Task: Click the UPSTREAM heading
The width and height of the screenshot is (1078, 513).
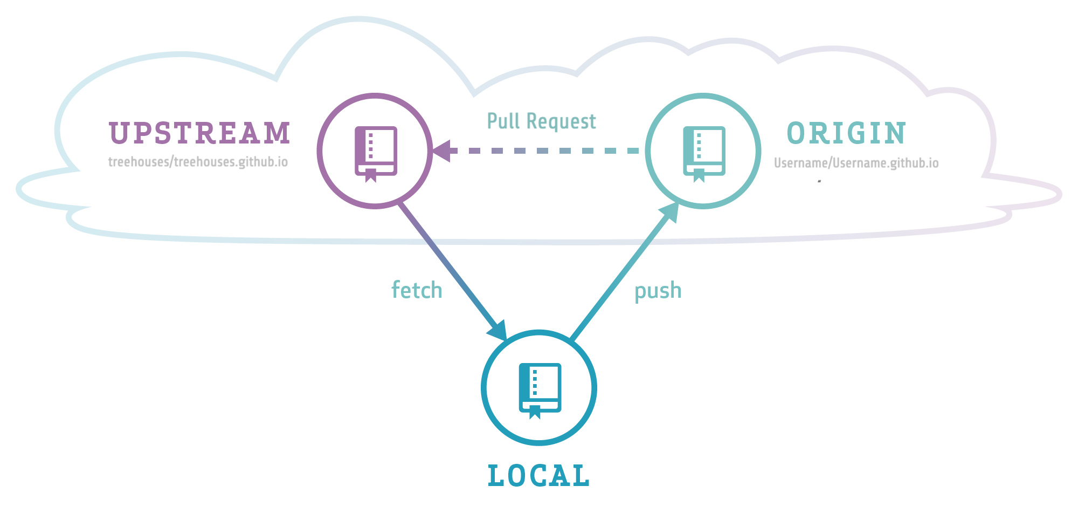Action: (x=199, y=133)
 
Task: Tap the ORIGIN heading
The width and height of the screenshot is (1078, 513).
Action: (x=846, y=133)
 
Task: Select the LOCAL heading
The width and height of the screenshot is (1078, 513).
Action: (x=538, y=476)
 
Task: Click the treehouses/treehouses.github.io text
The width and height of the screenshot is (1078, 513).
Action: (x=198, y=162)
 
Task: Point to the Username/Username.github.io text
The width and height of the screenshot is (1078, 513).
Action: (x=856, y=163)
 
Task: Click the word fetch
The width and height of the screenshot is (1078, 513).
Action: (x=417, y=290)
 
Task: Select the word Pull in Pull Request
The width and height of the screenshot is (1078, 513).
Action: (x=503, y=121)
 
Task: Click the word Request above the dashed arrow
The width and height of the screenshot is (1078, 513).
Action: (x=561, y=122)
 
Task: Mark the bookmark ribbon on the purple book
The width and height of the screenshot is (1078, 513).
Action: (x=371, y=175)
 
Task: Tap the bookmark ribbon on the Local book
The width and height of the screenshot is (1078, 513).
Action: (x=535, y=412)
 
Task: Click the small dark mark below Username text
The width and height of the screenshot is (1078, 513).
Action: (x=819, y=181)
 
